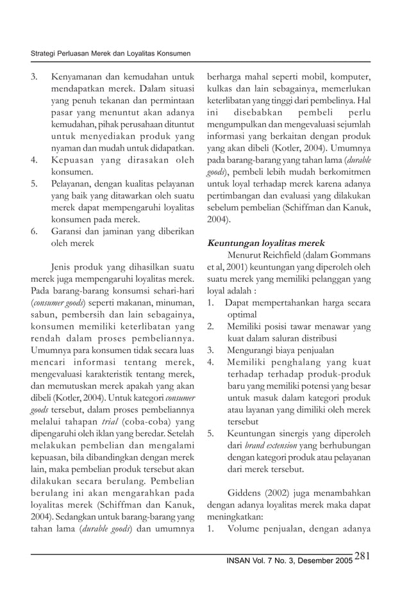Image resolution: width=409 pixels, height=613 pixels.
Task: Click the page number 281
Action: click(x=362, y=556)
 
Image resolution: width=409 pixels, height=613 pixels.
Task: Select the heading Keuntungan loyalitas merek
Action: click(x=265, y=243)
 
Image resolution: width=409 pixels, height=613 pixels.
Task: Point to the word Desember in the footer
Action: click(x=311, y=560)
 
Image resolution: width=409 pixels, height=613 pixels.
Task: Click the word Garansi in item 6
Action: click(x=67, y=231)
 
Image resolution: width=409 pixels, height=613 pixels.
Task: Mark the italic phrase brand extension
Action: click(x=271, y=445)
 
